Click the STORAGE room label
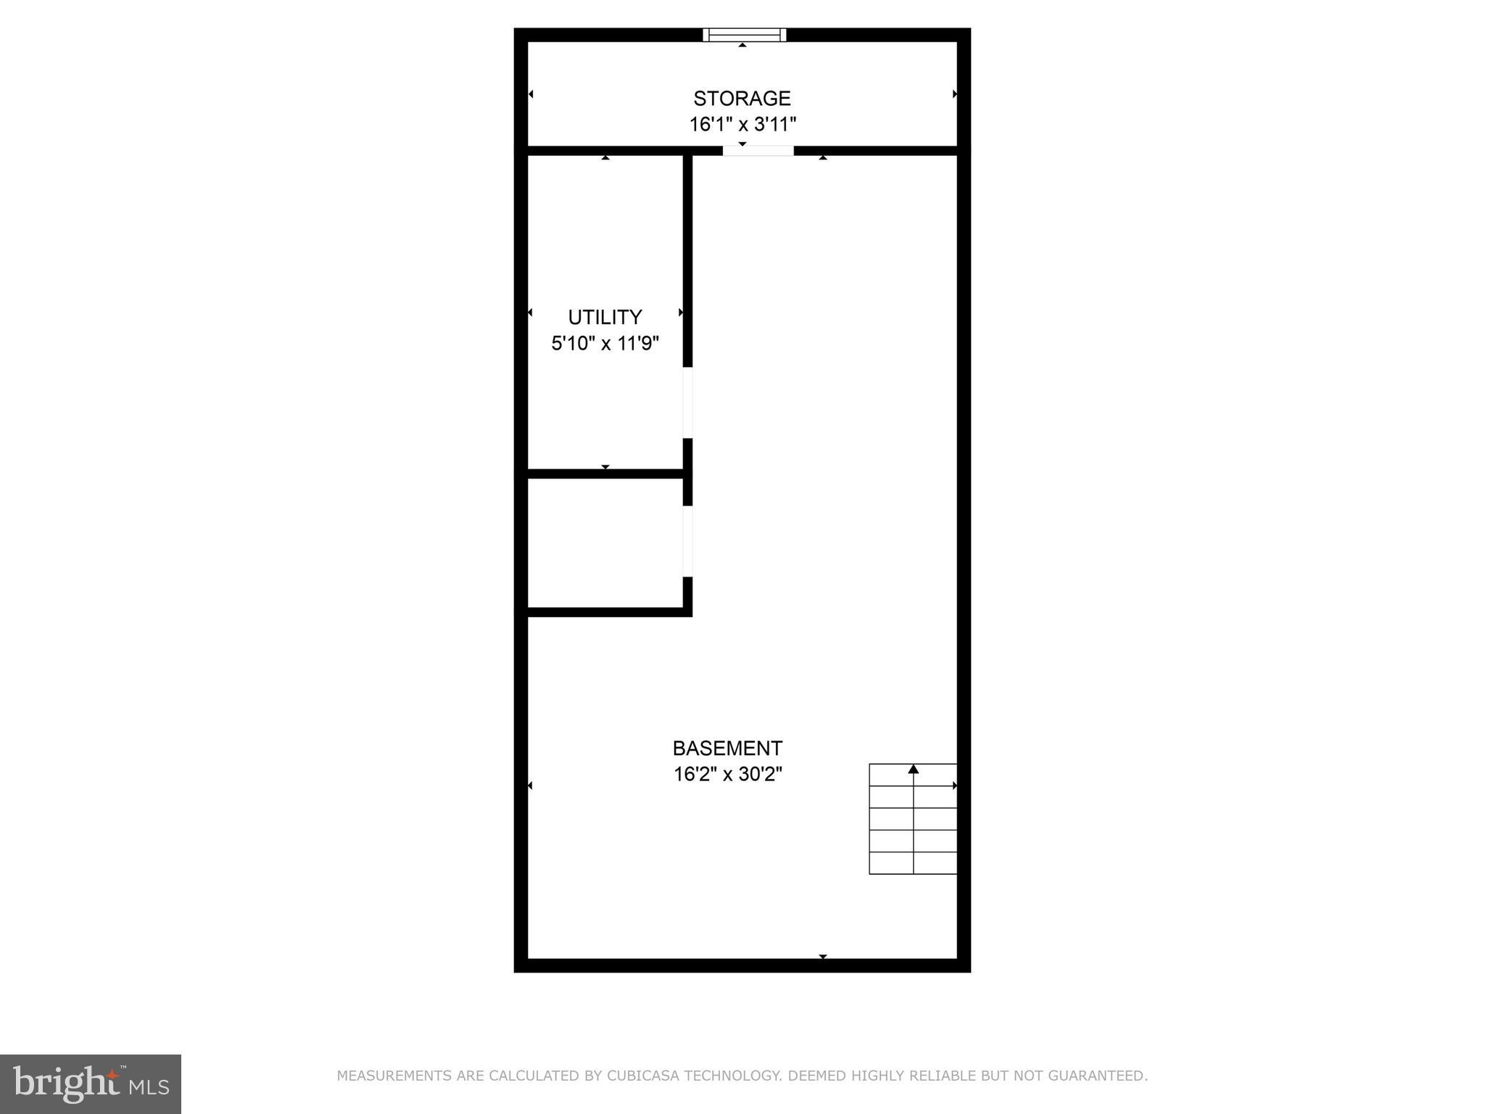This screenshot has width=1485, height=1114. point(742,98)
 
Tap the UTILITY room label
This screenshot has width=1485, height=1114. point(605,317)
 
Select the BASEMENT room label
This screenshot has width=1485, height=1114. point(727,748)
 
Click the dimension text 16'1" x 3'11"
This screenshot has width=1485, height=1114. point(742,125)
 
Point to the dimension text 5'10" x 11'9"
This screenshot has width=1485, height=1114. point(605,343)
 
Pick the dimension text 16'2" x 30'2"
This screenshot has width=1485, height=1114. point(727,774)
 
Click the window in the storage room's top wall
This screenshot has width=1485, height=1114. point(745,35)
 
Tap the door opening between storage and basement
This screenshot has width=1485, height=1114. point(758,151)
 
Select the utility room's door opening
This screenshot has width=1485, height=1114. point(687,403)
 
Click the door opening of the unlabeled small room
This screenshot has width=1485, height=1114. point(687,541)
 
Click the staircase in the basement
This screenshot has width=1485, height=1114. point(913,819)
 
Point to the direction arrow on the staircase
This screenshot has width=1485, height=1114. point(914,769)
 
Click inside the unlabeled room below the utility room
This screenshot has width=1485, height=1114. point(605,542)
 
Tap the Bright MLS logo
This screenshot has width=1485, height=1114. point(91,1084)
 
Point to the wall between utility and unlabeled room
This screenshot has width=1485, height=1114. point(605,474)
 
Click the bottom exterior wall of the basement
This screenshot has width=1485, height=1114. point(742,965)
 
